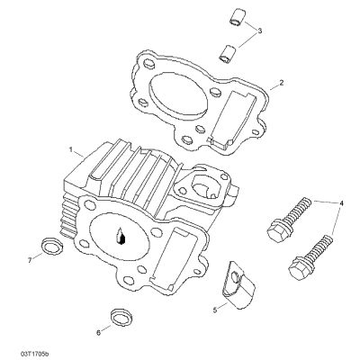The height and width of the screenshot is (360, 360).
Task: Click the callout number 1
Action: pos(71,149)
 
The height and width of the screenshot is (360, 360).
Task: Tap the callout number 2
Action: pos(282,83)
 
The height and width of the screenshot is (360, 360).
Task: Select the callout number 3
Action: pos(260,31)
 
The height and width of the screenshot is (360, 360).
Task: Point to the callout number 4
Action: pos(341,203)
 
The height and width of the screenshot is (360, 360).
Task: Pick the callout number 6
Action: pos(98,332)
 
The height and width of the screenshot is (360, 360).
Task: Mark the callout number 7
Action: pos(30,260)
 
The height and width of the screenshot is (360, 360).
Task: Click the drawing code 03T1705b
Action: pos(34,354)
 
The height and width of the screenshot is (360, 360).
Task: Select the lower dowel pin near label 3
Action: pos(226,54)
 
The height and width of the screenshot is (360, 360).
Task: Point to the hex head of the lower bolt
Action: pos(300,269)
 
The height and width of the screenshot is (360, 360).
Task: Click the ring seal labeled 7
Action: pos(51,245)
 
